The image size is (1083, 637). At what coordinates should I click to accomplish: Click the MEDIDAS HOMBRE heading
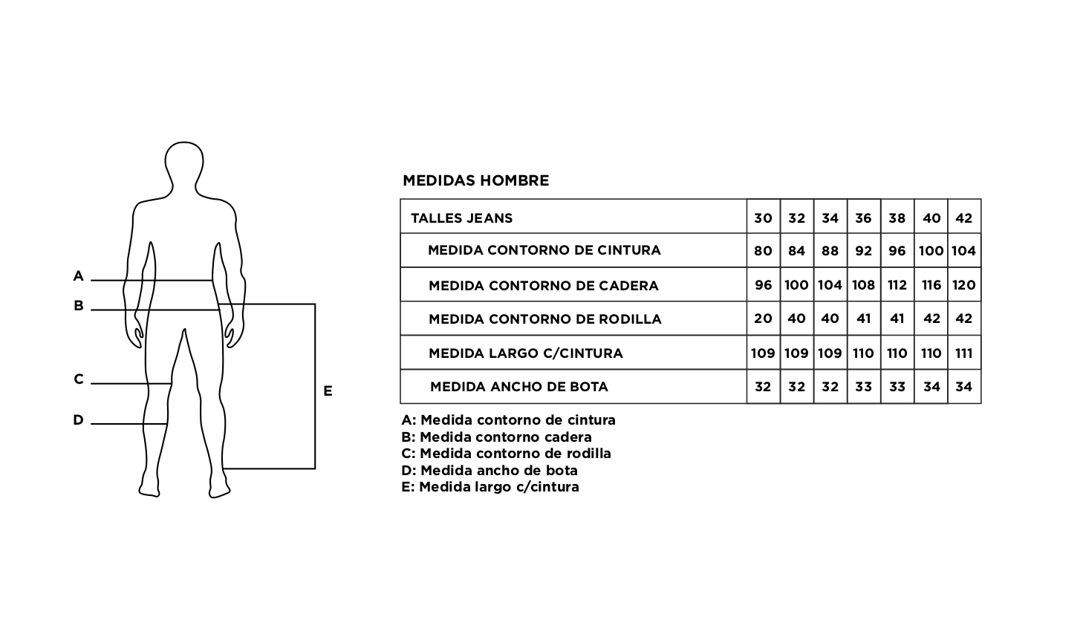475,180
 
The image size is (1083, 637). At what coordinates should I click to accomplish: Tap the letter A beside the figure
78,276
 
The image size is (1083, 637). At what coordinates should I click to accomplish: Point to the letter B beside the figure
78,305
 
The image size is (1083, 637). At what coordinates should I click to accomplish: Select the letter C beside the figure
78,379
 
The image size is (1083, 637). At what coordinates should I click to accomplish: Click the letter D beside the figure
78,420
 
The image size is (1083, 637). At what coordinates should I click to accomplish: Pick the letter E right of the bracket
328,391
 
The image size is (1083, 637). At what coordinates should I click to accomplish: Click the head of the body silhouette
184,164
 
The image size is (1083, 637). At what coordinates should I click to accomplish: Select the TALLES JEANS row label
462,218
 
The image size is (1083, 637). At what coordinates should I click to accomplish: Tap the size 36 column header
863,218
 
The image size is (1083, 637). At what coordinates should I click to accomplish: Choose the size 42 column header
963,218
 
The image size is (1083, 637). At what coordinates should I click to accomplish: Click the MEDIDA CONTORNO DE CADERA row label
544,286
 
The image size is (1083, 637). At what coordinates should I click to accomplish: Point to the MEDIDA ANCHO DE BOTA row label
518,387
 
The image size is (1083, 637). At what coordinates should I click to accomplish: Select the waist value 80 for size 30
763,251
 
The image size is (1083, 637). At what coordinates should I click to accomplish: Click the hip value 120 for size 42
963,285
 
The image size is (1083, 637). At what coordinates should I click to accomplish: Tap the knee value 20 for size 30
763,318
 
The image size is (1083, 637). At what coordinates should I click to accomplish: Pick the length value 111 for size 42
963,353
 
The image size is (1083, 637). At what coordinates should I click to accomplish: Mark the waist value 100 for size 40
931,251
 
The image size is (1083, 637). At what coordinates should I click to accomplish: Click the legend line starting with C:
506,454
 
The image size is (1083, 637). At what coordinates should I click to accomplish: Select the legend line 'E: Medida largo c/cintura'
490,487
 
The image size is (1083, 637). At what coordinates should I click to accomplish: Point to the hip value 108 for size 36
863,285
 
